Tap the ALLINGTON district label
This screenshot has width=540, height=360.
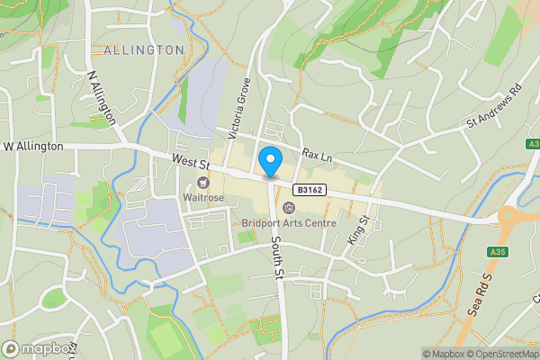click(143, 49)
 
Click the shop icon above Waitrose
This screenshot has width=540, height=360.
click(202, 182)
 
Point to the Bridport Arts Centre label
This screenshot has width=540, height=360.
click(288, 223)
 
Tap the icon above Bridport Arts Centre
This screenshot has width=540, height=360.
click(288, 209)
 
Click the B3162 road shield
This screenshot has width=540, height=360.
click(309, 190)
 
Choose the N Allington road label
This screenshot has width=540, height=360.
click(102, 97)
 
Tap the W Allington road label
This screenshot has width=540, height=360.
click(33, 146)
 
